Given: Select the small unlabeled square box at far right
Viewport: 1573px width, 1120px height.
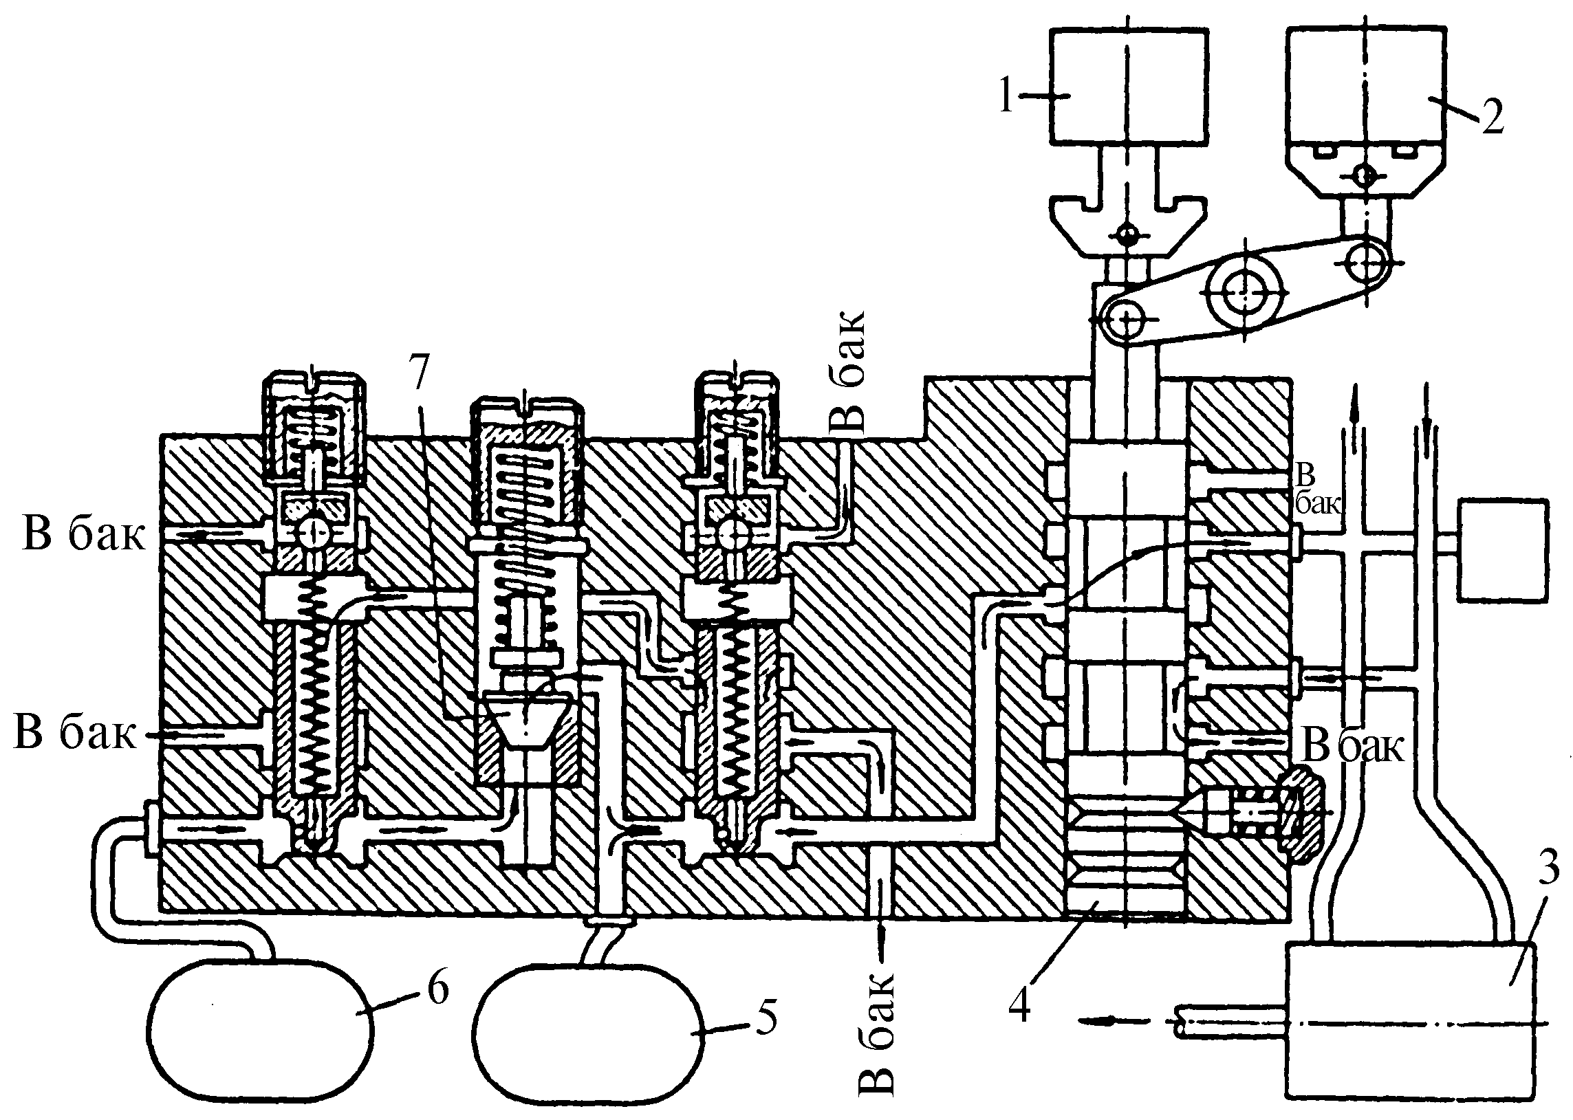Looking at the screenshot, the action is pos(1502,549).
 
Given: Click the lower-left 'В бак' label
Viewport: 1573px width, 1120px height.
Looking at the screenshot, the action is pos(74,732).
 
